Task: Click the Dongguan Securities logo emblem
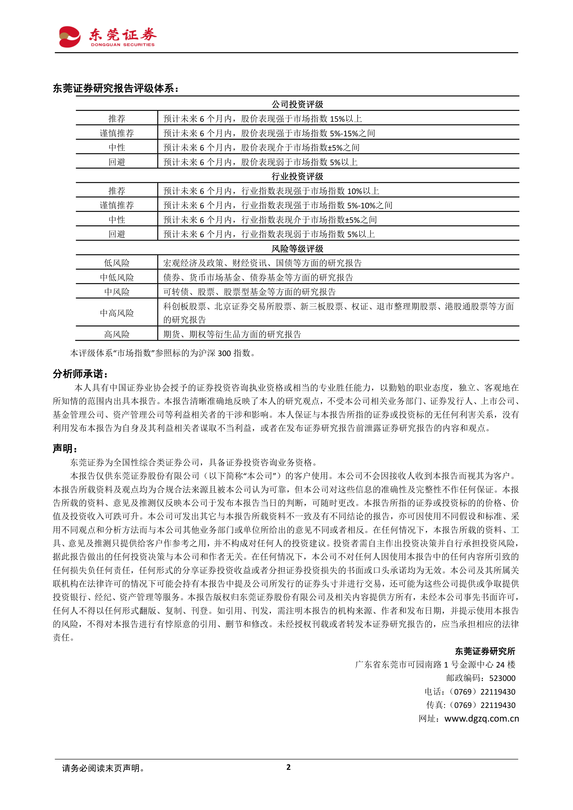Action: click(70, 37)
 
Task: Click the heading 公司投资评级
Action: click(297, 104)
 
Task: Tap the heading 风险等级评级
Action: click(297, 248)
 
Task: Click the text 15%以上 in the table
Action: click(346, 119)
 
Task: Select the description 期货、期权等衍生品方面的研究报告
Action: click(232, 334)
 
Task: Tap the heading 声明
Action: click(65, 448)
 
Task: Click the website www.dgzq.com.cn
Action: click(481, 718)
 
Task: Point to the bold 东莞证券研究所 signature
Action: click(485, 651)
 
